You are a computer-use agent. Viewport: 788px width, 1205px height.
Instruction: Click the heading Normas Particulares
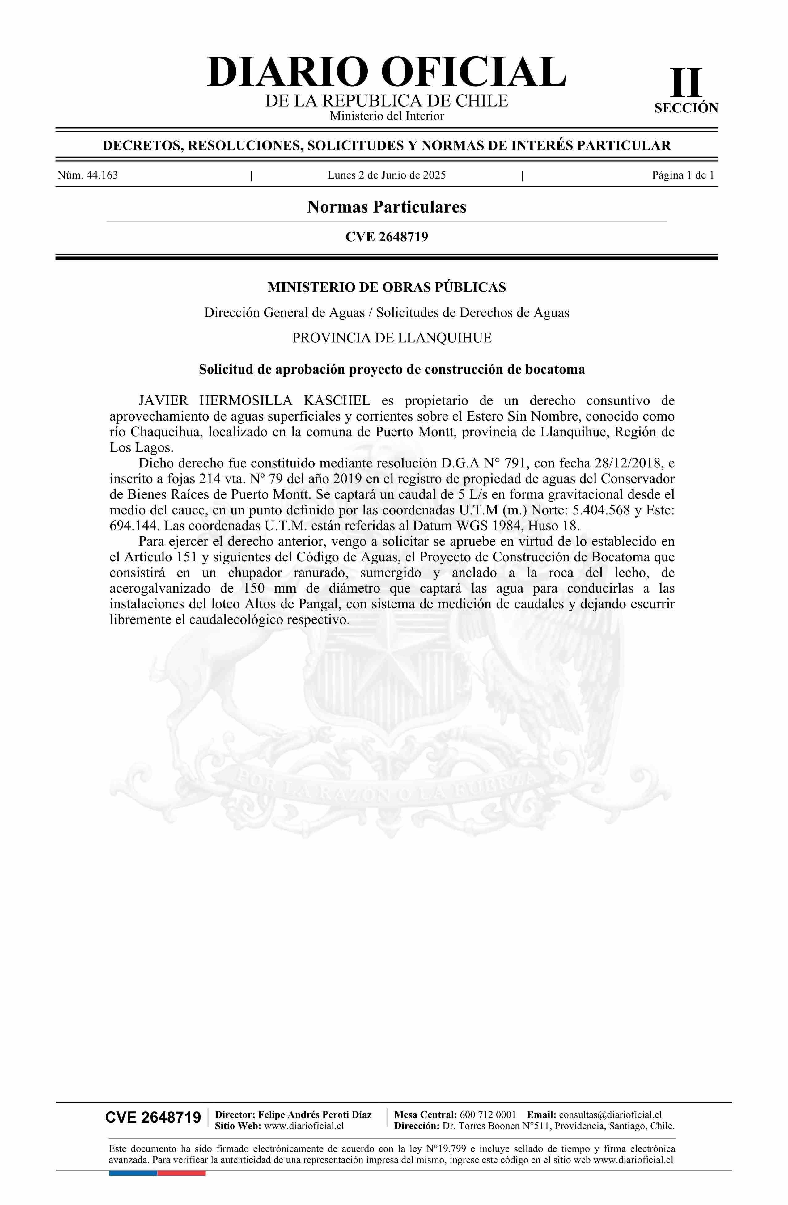coord(386,207)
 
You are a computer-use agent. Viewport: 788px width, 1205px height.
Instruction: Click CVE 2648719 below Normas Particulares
coord(386,236)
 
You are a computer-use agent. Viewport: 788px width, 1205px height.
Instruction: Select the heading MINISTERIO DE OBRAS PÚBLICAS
coord(386,288)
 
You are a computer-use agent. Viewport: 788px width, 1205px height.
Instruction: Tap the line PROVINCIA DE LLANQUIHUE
coord(392,338)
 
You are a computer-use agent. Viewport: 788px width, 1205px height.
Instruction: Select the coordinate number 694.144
coord(134,526)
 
